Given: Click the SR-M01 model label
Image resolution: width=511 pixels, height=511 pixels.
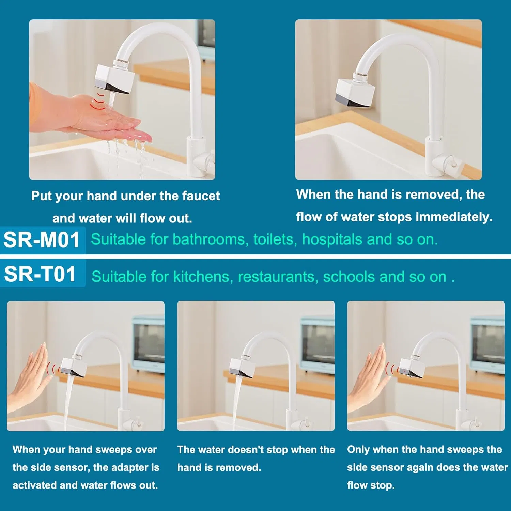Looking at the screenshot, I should pos(42,240).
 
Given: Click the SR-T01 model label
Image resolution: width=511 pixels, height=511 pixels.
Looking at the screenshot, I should pos(40,274).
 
